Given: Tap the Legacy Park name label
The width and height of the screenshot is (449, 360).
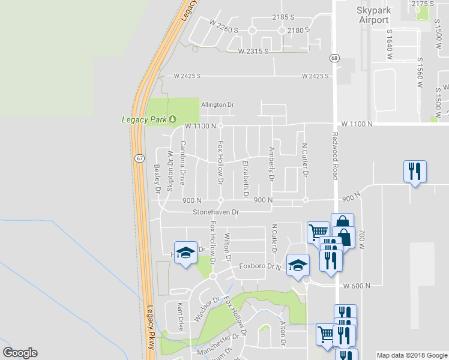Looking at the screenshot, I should [x=144, y=119].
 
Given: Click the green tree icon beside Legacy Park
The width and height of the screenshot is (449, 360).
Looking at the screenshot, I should [x=173, y=119].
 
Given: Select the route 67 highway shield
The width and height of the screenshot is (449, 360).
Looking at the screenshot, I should [x=139, y=158].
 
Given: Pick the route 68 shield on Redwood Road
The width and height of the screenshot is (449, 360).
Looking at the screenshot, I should [x=334, y=57].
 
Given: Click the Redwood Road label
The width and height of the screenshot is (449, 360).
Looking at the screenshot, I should [x=335, y=154].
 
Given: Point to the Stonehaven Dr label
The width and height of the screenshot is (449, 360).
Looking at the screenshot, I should [x=215, y=212].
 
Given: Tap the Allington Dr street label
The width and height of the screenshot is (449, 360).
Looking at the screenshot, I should [x=217, y=105].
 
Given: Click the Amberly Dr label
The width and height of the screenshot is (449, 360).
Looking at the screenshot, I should [x=271, y=165].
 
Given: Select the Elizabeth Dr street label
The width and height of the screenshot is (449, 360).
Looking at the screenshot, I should [x=245, y=179].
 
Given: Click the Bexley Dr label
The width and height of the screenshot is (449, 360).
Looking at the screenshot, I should [x=157, y=179].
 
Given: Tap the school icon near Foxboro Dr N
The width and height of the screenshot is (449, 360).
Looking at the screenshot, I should [x=297, y=265].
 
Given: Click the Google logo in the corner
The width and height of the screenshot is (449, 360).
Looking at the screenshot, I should [x=20, y=353].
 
